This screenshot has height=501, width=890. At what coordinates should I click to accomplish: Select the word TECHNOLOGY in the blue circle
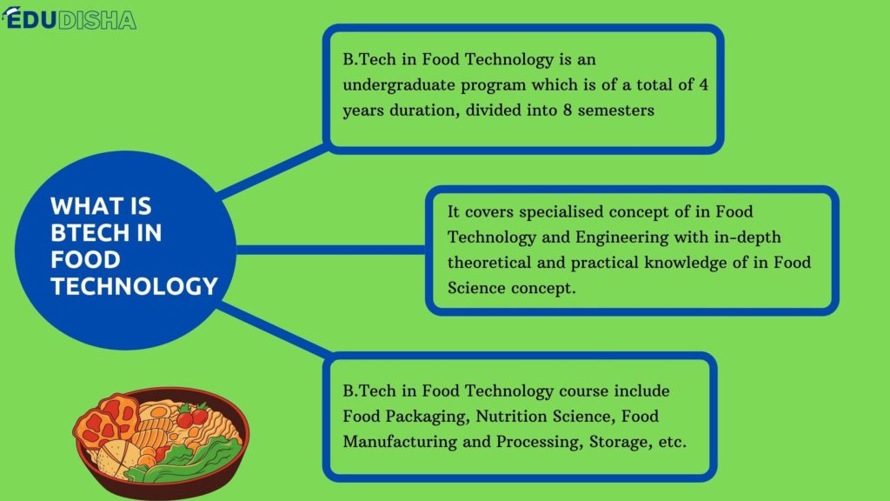pos(134,286)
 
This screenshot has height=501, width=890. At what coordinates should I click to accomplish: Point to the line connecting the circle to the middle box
pos(330,250)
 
